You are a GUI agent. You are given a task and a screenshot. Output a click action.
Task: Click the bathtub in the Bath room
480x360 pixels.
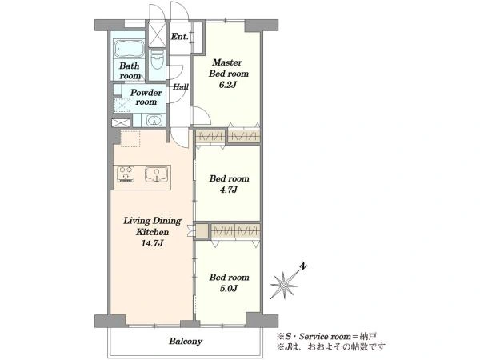point(129,49)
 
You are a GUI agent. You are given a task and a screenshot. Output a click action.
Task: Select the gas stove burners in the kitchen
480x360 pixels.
point(126,174)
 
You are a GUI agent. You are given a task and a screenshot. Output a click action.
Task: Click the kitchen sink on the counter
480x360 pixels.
point(157,174)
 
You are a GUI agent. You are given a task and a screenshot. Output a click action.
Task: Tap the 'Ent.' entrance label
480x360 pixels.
point(179,37)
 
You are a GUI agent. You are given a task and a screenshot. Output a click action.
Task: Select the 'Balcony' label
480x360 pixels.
point(186,341)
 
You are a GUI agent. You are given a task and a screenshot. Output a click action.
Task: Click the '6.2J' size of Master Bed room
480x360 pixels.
point(227,85)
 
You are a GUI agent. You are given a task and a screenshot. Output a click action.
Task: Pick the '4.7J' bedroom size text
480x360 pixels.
point(229,190)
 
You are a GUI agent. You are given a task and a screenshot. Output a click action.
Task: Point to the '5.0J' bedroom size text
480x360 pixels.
point(229,288)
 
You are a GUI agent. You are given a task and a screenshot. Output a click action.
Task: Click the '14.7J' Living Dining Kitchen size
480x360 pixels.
point(152,243)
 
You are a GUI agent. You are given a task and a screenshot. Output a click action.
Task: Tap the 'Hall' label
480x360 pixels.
point(181,86)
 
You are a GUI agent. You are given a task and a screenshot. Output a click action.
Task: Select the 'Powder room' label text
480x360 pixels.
point(146,97)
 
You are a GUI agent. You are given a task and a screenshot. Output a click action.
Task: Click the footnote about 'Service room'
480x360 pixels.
point(326,337)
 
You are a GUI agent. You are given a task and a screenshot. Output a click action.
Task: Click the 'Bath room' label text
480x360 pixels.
point(130,70)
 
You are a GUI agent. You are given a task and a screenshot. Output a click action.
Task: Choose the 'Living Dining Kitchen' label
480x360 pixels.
point(152,226)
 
